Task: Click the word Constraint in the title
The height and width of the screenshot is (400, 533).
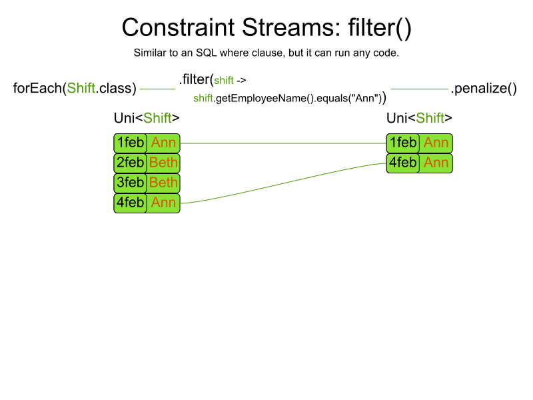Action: pyautogui.click(x=178, y=27)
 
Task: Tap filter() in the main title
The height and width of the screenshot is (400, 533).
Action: pyautogui.click(x=380, y=28)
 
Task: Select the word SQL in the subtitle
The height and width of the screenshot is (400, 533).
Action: pyautogui.click(x=206, y=53)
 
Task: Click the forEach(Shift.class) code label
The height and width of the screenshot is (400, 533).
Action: pyautogui.click(x=75, y=88)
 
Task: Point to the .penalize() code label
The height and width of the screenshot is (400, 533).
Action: pyautogui.click(x=484, y=89)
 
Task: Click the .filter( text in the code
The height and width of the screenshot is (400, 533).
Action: pyautogui.click(x=196, y=79)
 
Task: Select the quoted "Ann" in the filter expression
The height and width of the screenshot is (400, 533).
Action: pyautogui.click(x=366, y=98)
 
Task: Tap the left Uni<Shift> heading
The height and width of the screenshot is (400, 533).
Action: pyautogui.click(x=147, y=118)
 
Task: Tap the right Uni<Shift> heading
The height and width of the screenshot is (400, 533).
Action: pyautogui.click(x=419, y=118)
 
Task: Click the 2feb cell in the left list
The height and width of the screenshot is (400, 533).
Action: pyautogui.click(x=130, y=163)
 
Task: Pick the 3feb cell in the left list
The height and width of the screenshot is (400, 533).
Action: pyautogui.click(x=130, y=183)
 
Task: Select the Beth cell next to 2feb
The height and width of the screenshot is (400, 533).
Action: pyautogui.click(x=163, y=163)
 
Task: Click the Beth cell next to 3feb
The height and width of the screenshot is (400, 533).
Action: pyautogui.click(x=163, y=183)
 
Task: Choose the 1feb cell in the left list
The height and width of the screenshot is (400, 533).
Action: pyautogui.click(x=130, y=143)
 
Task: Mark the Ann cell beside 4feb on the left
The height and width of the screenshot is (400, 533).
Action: pyautogui.click(x=163, y=203)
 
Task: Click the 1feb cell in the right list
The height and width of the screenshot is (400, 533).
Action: pyautogui.click(x=403, y=143)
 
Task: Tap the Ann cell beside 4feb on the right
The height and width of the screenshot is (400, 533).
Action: pyautogui.click(x=436, y=163)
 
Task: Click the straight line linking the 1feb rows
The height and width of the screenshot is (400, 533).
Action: pyautogui.click(x=283, y=143)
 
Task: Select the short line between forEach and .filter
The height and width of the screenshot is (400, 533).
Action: pyautogui.click(x=157, y=89)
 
